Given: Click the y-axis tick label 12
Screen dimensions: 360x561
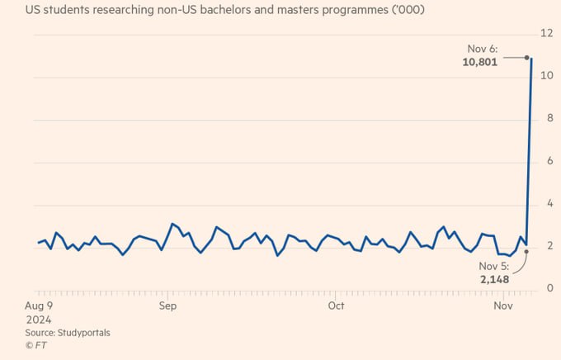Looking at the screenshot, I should coord(545,33).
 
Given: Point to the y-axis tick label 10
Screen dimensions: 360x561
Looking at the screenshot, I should coord(545,76).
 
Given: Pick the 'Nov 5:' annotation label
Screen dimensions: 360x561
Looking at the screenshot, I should coord(493,266).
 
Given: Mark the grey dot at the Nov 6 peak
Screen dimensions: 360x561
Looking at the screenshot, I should coord(526,57).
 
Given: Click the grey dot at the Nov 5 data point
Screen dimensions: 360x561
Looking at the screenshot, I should coord(526,251).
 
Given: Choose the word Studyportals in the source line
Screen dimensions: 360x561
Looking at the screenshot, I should coord(83,333).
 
